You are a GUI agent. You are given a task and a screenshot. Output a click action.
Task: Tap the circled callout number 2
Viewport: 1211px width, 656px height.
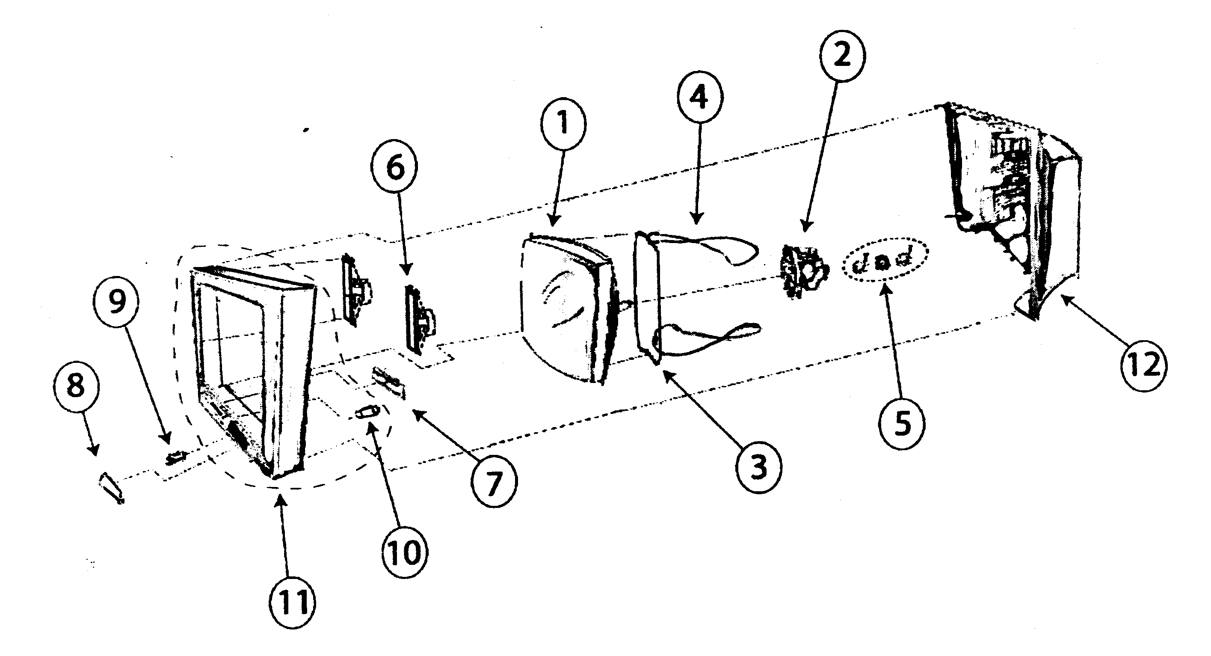tap(841, 56)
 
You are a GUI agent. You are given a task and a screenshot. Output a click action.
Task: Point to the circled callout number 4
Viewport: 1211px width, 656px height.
tap(700, 98)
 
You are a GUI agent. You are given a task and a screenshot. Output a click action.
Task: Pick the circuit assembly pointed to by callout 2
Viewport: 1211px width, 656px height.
tap(803, 272)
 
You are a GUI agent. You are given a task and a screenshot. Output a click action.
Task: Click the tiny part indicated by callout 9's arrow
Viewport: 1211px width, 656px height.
tap(176, 456)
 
